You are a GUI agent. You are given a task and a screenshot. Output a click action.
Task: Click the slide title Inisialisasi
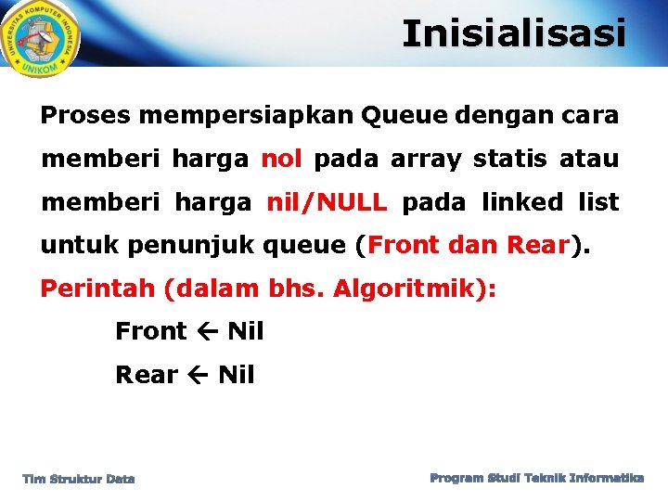point(514,34)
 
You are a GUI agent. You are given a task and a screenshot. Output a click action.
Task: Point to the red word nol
point(281,159)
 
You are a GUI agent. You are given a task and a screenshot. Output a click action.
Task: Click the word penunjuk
point(192,246)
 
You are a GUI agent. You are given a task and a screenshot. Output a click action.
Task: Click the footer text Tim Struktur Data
point(79,479)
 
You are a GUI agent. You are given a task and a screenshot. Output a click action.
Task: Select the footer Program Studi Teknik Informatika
point(537,478)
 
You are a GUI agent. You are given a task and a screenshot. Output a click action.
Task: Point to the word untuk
point(80,246)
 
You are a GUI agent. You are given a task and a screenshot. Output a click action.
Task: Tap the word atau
point(589,159)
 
